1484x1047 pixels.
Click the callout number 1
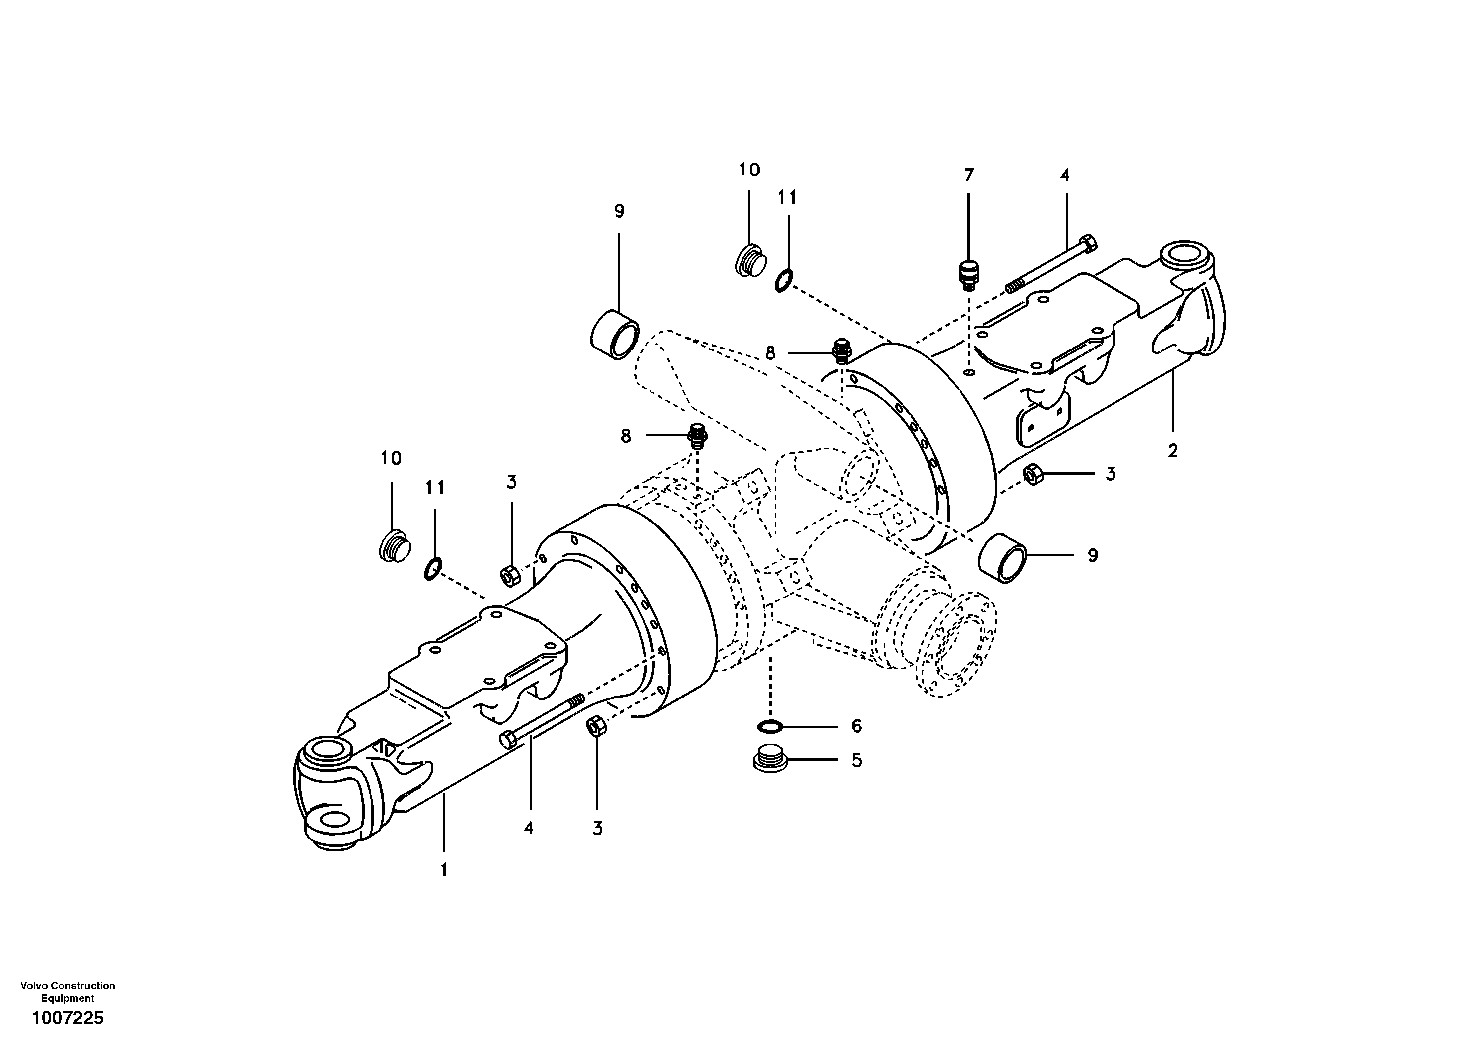pos(443,871)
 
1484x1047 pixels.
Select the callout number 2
pos(1172,451)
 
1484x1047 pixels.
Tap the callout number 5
pos(856,761)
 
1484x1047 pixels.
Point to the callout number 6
pos(856,726)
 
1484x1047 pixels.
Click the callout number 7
pos(968,175)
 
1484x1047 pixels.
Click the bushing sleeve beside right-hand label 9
pos(1002,558)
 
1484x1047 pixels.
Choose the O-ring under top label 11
pos(782,281)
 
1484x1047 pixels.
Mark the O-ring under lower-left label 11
pos(432,569)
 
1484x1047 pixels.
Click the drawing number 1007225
pos(67,1019)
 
